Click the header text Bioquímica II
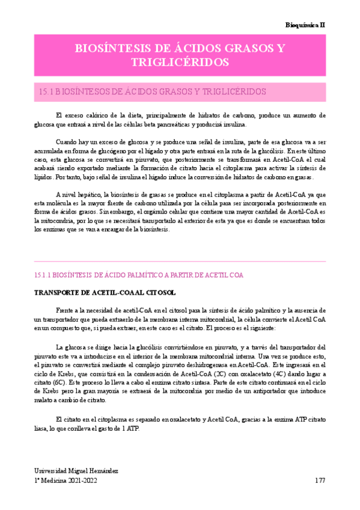click(305, 25)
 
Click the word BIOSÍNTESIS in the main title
click(108, 49)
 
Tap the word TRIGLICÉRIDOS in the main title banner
click(180, 62)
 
